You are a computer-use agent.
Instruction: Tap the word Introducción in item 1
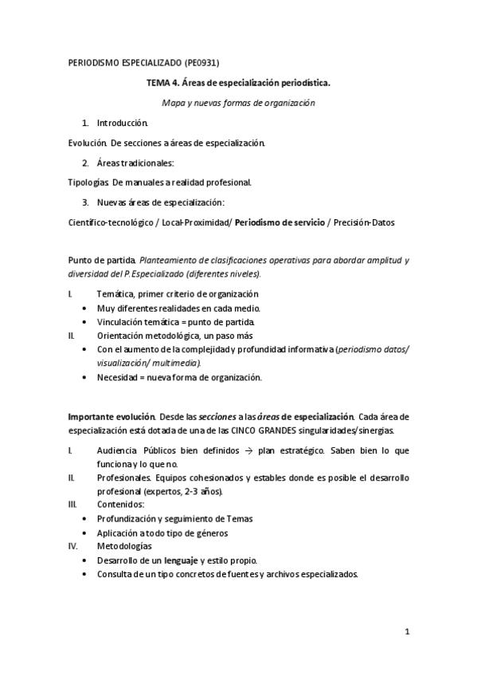click(122, 124)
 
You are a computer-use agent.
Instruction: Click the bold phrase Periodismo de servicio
click(279, 222)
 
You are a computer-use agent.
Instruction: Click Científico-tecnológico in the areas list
click(111, 222)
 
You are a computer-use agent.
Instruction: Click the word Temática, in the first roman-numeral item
click(116, 294)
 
